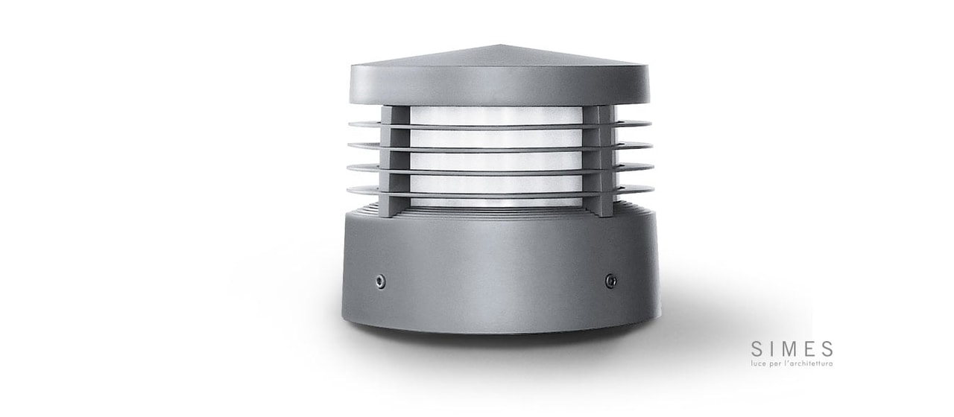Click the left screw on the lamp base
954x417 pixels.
pyautogui.click(x=380, y=281)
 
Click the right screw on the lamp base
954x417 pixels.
pyautogui.click(x=610, y=281)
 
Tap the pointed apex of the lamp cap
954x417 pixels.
pyautogui.click(x=501, y=45)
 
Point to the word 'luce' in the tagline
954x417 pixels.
pyautogui.click(x=757, y=364)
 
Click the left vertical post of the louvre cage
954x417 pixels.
pyautogui.click(x=395, y=162)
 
